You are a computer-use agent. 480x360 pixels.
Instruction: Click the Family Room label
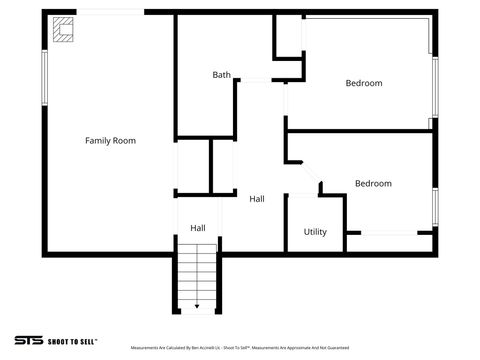[x=110, y=141]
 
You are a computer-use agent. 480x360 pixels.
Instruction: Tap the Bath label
[x=221, y=75]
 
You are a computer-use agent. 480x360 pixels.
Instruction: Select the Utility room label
[x=315, y=232]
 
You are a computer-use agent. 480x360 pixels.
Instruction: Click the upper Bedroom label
[x=364, y=83]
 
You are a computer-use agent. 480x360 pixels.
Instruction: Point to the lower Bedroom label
[x=373, y=183]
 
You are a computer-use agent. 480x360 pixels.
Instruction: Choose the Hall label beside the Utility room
[x=257, y=199]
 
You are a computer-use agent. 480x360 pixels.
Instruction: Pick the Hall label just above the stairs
[x=198, y=228]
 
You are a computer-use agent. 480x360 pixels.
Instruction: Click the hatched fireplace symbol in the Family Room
[x=64, y=31]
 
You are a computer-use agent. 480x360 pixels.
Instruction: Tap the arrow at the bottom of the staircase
[x=197, y=306]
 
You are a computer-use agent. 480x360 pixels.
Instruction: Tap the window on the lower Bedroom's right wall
[x=435, y=204]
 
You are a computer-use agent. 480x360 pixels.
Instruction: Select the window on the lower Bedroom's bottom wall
[x=389, y=233]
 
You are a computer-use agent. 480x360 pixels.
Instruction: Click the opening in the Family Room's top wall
[x=111, y=12]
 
